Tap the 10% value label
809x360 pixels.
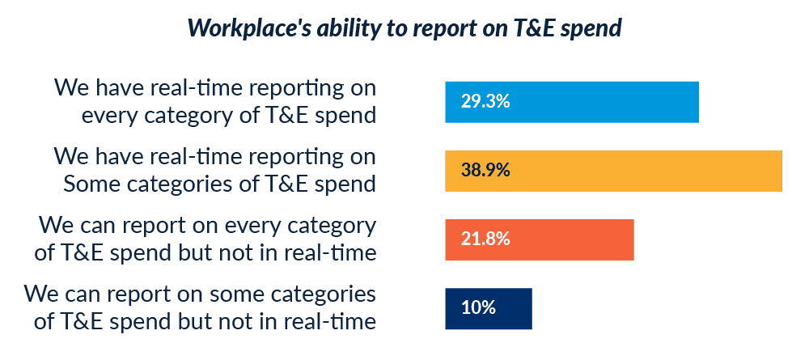[x=478, y=308]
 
